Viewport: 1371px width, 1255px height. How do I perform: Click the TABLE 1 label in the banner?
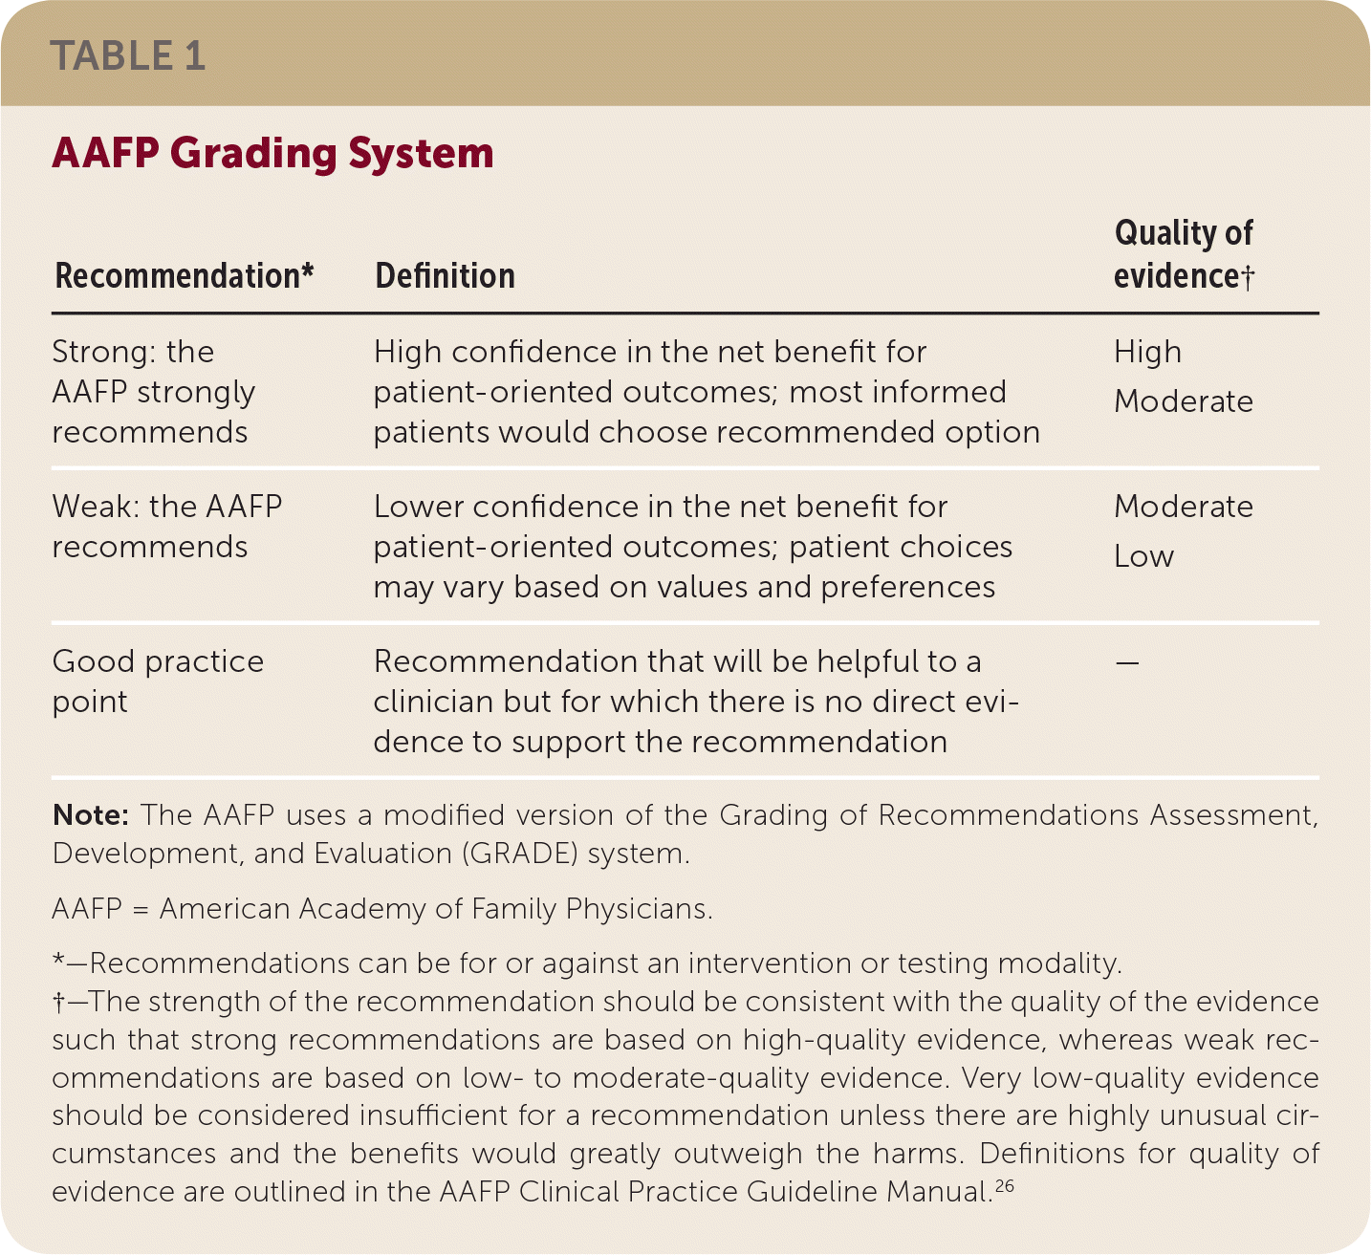pyautogui.click(x=128, y=55)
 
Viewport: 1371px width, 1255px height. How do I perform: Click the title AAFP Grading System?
pyautogui.click(x=272, y=154)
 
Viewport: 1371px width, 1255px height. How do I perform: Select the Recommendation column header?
pyautogui.click(x=177, y=276)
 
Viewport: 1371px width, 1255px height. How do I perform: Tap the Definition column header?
pyautogui.click(x=445, y=276)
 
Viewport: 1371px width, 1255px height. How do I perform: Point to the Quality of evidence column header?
pyautogui.click(x=1184, y=254)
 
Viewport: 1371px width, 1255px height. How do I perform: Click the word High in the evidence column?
pyautogui.click(x=1147, y=352)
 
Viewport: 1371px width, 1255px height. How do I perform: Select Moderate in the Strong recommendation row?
pyautogui.click(x=1184, y=401)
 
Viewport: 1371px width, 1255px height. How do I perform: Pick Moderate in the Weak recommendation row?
pyautogui.click(x=1184, y=507)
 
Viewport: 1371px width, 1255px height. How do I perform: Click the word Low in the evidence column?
pyautogui.click(x=1143, y=556)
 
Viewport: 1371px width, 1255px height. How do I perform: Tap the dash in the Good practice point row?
pyautogui.click(x=1127, y=661)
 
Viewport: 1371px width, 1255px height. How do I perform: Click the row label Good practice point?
pyautogui.click(x=158, y=681)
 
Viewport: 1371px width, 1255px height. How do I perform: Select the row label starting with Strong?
pyautogui.click(x=153, y=392)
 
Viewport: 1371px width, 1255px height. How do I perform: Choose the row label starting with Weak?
pyautogui.click(x=166, y=526)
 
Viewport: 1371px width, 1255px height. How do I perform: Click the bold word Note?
pyautogui.click(x=90, y=815)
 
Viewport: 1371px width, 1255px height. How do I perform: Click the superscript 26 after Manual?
pyautogui.click(x=1004, y=1186)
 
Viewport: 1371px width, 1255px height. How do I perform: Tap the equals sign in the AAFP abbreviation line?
pyautogui.click(x=141, y=909)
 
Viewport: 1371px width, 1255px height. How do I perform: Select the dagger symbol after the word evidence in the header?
pyautogui.click(x=1248, y=277)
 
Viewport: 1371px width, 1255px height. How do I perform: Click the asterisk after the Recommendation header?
pyautogui.click(x=308, y=272)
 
